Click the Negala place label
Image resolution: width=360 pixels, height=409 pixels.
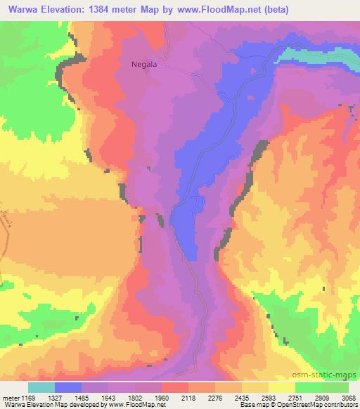[x=143, y=63]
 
